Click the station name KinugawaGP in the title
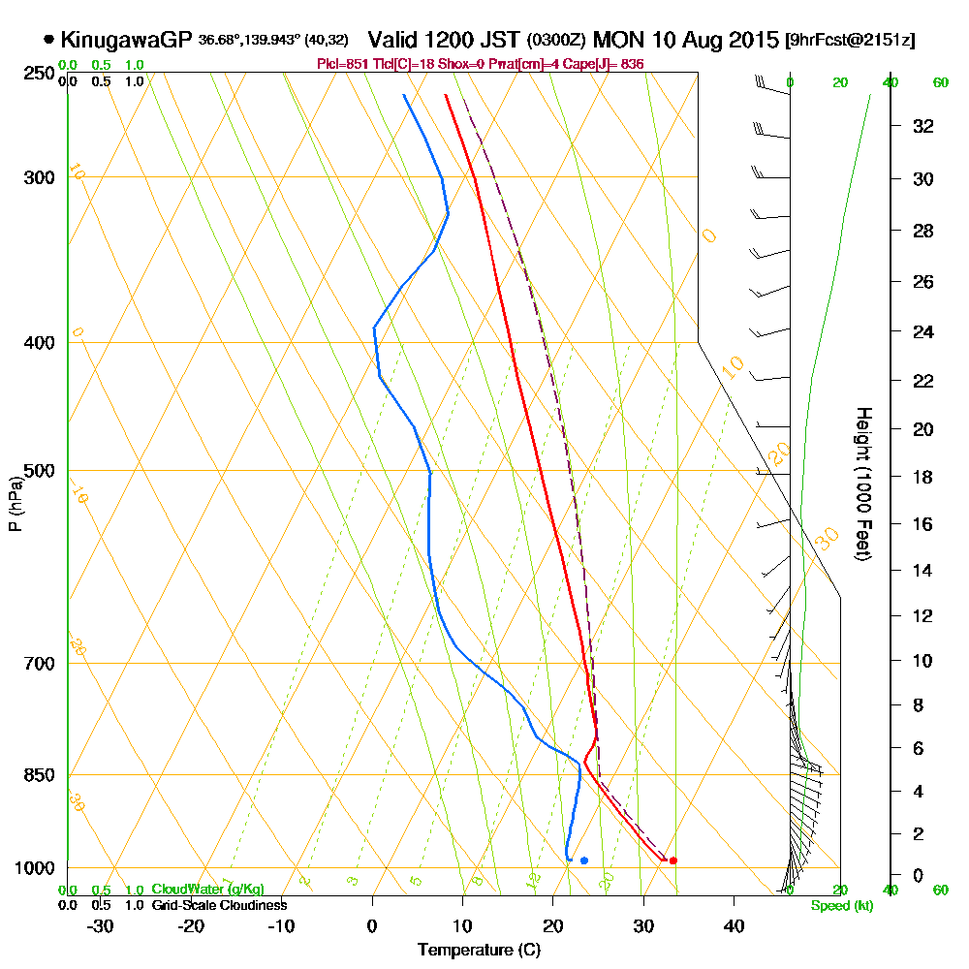click(x=126, y=41)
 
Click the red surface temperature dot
click(x=672, y=860)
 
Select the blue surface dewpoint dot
click(x=584, y=860)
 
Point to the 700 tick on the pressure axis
click(x=37, y=664)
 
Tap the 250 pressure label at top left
click(x=37, y=74)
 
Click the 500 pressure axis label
click(x=37, y=471)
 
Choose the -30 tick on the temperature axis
click(x=101, y=925)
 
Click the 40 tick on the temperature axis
click(x=734, y=925)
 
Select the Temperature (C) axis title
click(x=479, y=950)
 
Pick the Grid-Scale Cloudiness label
click(x=218, y=905)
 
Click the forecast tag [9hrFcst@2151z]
click(x=852, y=41)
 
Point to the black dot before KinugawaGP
click(x=48, y=40)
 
